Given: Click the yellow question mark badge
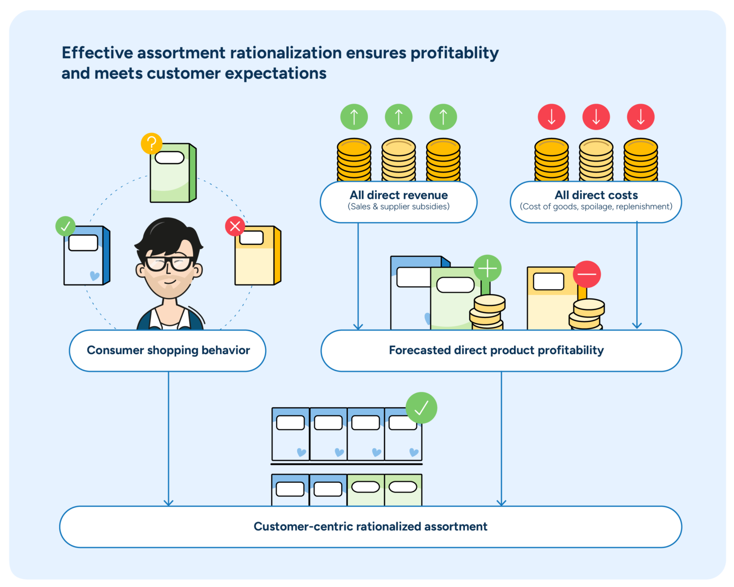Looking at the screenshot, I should pos(151,143).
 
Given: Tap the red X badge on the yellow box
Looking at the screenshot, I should pos(235,226).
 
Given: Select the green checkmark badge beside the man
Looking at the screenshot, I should pos(65,226).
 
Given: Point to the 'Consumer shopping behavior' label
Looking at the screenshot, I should pos(168,350).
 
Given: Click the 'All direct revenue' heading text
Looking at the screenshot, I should pos(399,195).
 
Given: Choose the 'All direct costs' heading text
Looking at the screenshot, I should pos(596,195).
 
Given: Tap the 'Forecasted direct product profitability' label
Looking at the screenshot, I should pos(496,350).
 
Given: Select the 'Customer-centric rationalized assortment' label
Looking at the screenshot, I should pos(370,527).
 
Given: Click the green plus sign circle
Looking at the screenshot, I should pos(487,269).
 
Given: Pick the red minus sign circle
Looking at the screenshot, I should pos(587,274).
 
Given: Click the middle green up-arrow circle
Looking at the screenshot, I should pos(399,117).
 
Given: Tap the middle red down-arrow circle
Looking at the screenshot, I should pos(596,117).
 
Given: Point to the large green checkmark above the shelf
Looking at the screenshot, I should pos(421,408).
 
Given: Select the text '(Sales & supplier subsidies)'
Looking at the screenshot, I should pos(399,207).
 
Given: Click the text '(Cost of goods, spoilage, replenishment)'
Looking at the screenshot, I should pos(596,207).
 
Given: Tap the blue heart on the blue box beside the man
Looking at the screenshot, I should pos(95,276).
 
